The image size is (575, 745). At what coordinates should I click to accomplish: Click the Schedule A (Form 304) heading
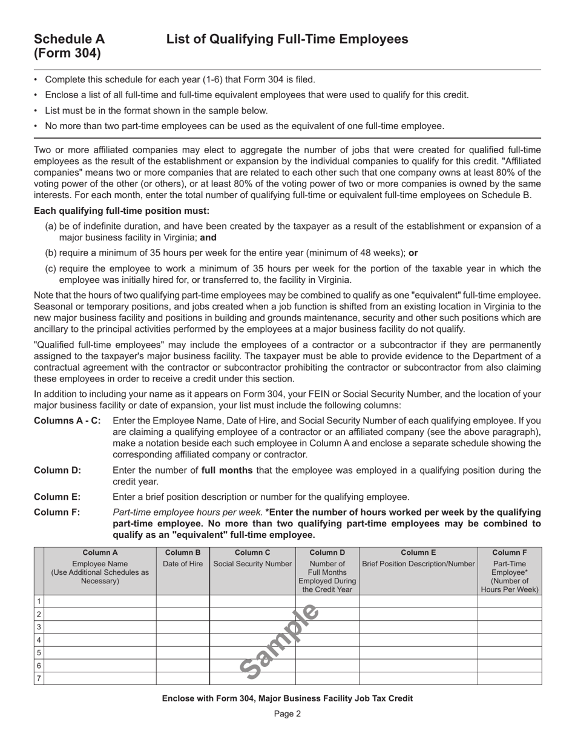[69, 46]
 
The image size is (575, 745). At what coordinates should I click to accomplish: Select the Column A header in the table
[100, 552]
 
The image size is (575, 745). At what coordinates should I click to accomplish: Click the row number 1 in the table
[39, 601]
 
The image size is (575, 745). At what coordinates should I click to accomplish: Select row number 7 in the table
[39, 678]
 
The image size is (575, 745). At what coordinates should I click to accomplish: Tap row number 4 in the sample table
[39, 640]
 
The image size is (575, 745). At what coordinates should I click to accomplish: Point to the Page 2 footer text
[287, 714]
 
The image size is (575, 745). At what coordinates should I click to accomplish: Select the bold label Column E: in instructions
[57, 497]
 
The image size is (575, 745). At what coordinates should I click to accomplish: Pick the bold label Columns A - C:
[67, 421]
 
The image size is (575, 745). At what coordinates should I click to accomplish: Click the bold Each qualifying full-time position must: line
[122, 211]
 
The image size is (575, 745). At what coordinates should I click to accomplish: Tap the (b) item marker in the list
[51, 253]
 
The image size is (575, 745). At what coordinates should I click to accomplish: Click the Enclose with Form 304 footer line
[287, 698]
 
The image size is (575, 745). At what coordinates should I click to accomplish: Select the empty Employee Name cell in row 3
[100, 627]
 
